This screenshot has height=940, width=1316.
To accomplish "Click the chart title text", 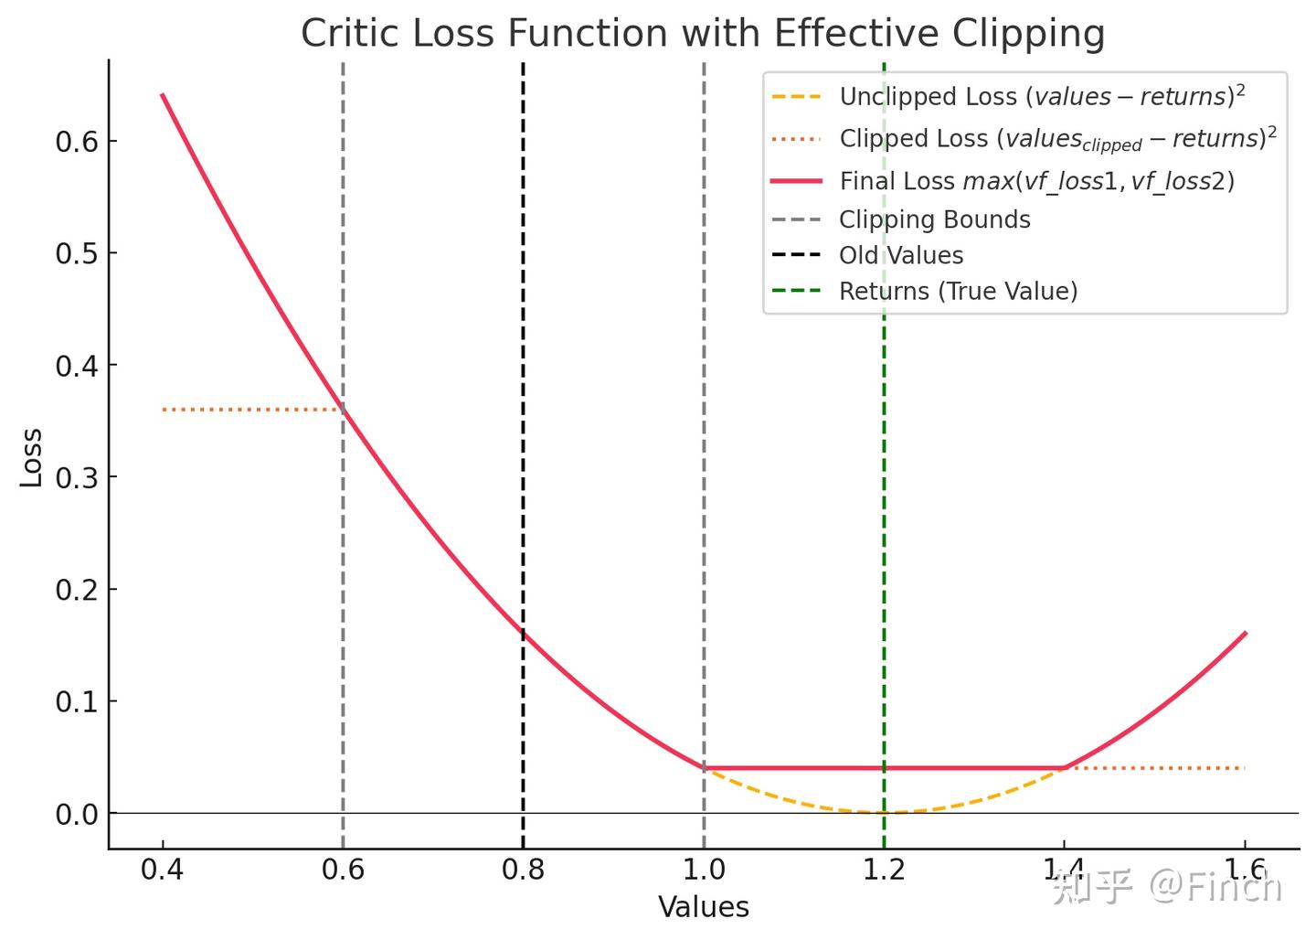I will click(x=703, y=34).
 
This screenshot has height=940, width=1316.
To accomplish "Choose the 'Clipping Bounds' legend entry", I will click(x=934, y=219).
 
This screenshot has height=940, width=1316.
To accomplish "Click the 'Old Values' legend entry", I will click(x=901, y=255).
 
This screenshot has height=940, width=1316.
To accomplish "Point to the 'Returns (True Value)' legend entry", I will click(x=958, y=291).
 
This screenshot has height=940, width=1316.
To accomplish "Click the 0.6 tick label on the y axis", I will click(x=76, y=142).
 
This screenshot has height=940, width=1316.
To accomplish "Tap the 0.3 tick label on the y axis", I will click(x=76, y=477).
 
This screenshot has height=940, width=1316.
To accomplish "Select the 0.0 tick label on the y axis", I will click(x=76, y=814).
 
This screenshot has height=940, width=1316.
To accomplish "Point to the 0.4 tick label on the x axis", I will click(x=162, y=870).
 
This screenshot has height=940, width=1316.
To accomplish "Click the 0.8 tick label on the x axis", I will click(x=523, y=870).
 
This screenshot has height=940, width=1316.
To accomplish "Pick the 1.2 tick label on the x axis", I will click(x=884, y=870).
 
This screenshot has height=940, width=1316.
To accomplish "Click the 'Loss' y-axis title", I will click(x=32, y=457).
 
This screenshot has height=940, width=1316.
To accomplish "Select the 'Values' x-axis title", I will click(x=703, y=907).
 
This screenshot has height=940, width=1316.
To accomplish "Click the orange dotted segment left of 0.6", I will click(x=251, y=410).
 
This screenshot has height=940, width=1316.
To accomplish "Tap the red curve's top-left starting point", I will click(x=163, y=94).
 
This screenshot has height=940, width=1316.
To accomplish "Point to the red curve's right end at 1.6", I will click(x=1245, y=633).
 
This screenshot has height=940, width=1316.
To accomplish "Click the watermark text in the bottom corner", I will click(x=1167, y=886).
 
